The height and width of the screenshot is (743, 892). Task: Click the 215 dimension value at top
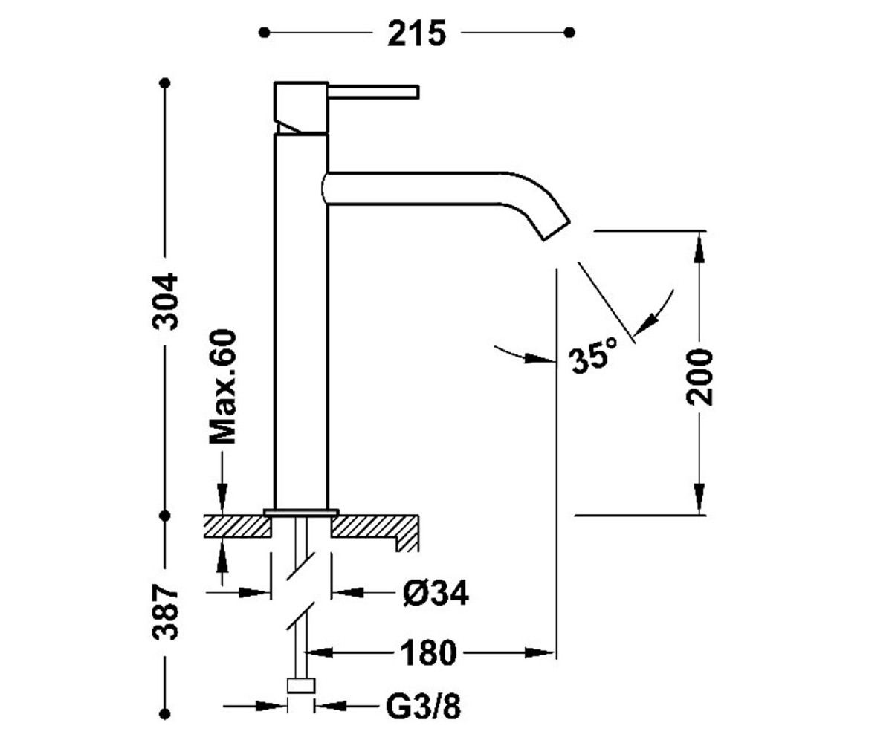(x=416, y=33)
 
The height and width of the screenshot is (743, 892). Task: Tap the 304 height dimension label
(x=165, y=302)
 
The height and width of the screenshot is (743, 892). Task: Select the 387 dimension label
(x=165, y=612)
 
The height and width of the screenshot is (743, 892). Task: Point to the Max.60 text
(x=222, y=386)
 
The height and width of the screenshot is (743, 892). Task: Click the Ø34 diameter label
(x=436, y=593)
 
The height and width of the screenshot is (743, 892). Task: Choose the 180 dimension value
(x=428, y=653)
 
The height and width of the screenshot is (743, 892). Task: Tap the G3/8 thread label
(x=423, y=707)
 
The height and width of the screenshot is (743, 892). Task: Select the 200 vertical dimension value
(x=699, y=377)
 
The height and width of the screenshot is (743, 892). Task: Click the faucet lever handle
(x=373, y=92)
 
